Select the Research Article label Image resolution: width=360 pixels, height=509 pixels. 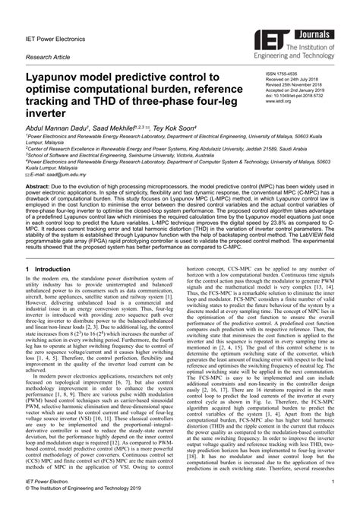[x=47, y=57]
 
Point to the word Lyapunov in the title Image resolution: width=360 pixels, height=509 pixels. [x=59, y=78]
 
